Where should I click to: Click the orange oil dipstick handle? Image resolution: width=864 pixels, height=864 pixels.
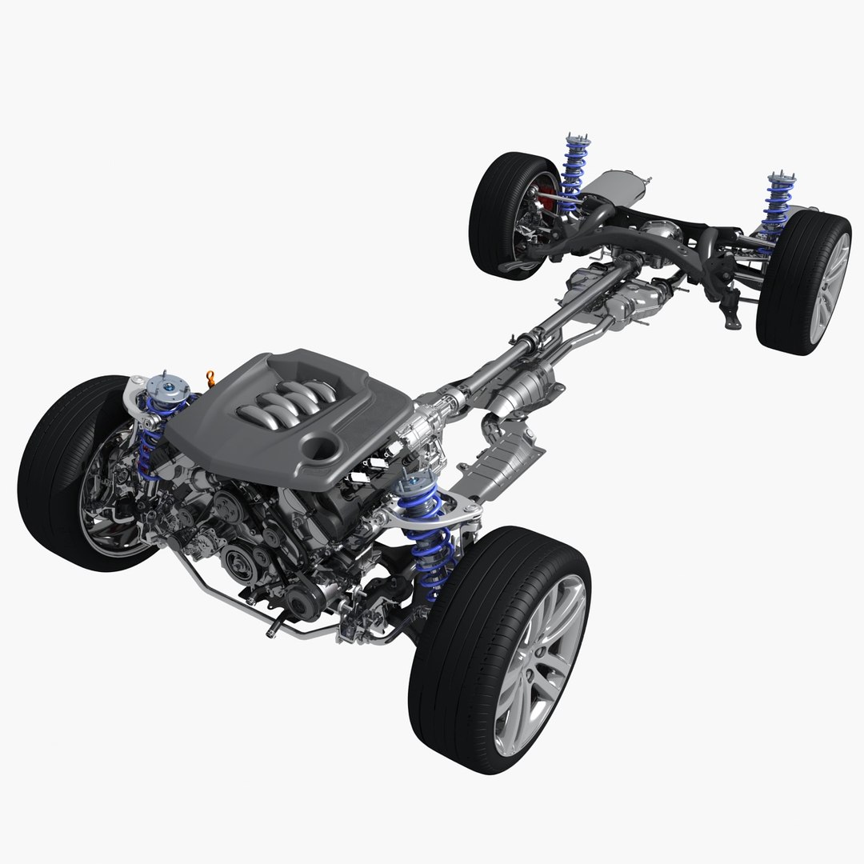[211, 376]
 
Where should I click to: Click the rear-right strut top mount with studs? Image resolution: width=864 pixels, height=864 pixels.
[778, 179]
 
